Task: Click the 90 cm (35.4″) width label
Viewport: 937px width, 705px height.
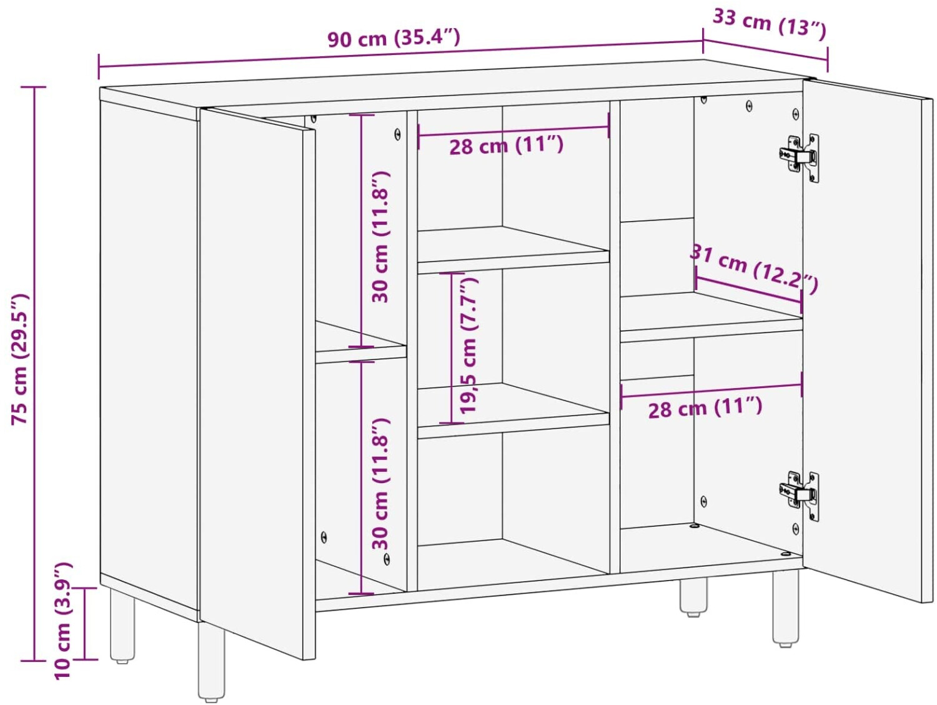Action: (x=394, y=37)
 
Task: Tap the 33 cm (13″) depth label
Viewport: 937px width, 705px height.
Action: (x=769, y=25)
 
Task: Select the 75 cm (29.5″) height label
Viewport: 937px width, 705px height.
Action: (x=20, y=359)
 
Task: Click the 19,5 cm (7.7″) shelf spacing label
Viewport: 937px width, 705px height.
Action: (x=468, y=346)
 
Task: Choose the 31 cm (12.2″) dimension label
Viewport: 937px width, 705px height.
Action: (x=754, y=268)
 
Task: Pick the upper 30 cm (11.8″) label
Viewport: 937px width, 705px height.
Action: (x=380, y=237)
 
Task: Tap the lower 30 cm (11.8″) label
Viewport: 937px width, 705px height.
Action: (x=380, y=484)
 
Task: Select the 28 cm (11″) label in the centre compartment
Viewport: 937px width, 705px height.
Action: (x=506, y=146)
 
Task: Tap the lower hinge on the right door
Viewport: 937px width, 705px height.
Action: (x=799, y=496)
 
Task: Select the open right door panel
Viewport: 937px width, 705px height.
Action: (x=868, y=341)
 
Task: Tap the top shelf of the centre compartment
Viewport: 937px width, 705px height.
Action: (x=513, y=250)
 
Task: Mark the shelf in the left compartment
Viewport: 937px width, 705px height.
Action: (x=360, y=343)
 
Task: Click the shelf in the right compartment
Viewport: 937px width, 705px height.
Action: (x=711, y=317)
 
